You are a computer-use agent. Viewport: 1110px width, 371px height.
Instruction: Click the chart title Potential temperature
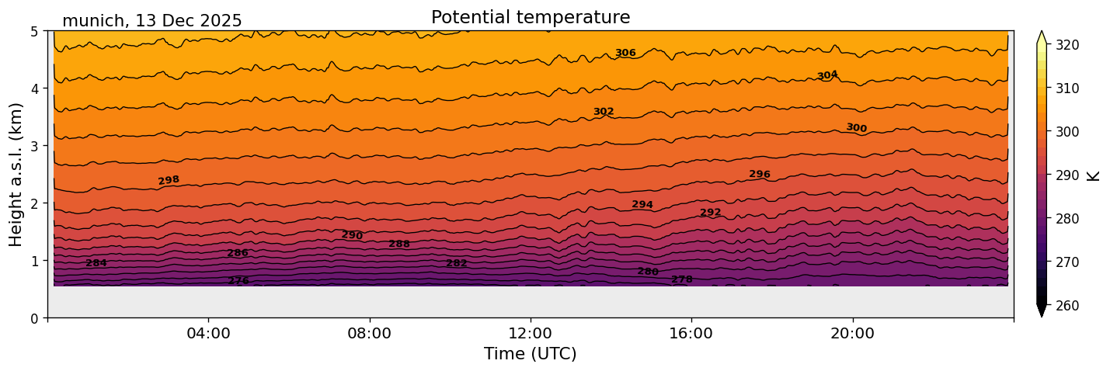(531, 17)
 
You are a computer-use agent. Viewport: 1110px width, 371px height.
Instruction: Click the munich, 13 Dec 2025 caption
(152, 21)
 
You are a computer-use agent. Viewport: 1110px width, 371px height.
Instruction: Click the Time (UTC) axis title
(531, 354)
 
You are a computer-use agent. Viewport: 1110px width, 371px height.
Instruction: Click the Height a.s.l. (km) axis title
(16, 174)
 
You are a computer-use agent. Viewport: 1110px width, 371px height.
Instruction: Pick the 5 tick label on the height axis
(35, 31)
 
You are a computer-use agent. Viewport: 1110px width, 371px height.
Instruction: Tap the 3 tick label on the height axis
(35, 146)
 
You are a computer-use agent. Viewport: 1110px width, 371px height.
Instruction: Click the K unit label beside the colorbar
(1094, 175)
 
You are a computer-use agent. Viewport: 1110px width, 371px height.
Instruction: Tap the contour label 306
(625, 53)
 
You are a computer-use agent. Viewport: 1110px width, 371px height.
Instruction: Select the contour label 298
(169, 180)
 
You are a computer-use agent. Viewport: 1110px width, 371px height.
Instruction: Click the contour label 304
(827, 75)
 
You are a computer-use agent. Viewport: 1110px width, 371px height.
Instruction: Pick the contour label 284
(96, 263)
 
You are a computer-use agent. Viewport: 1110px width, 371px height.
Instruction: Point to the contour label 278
(682, 279)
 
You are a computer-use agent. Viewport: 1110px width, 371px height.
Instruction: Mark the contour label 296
(760, 175)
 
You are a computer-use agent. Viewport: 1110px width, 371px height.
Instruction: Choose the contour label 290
(352, 235)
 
